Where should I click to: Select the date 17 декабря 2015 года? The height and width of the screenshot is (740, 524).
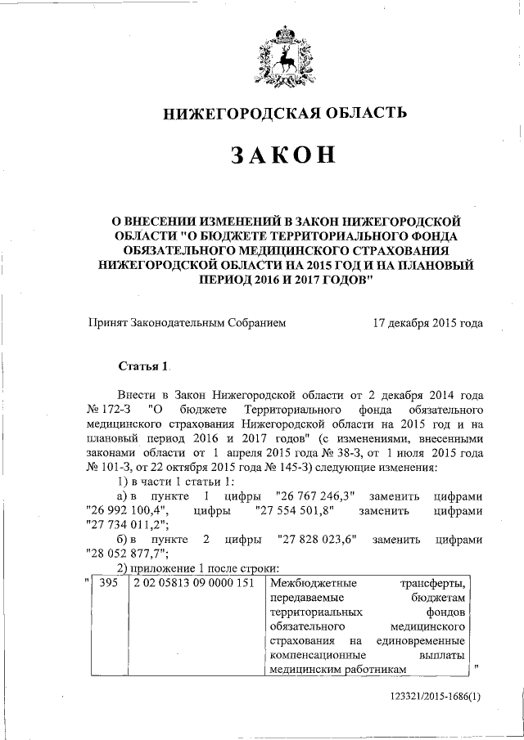click(x=427, y=323)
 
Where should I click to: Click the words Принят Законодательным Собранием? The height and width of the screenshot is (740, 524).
click(x=187, y=323)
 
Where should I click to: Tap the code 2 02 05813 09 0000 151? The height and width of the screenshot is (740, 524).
click(x=187, y=584)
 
